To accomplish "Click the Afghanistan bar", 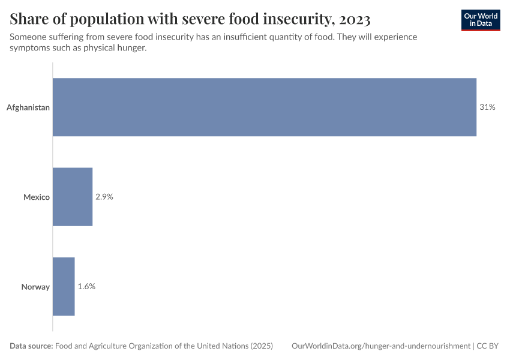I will point(265,107).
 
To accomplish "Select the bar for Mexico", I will point(73,197).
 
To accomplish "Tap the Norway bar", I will point(64,286).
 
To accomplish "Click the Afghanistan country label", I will point(28,108).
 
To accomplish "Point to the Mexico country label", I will point(37,197).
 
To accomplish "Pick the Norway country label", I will point(35,287).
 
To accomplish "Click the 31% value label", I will point(487,107).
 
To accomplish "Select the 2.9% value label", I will point(104,197).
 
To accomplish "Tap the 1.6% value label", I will point(86,286).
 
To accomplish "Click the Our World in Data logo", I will point(480,20).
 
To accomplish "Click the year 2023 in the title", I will point(349,20).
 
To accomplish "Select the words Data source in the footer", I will point(31,346).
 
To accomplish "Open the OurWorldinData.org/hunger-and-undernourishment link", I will point(380,346).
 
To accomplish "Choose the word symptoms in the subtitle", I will point(31,48).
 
